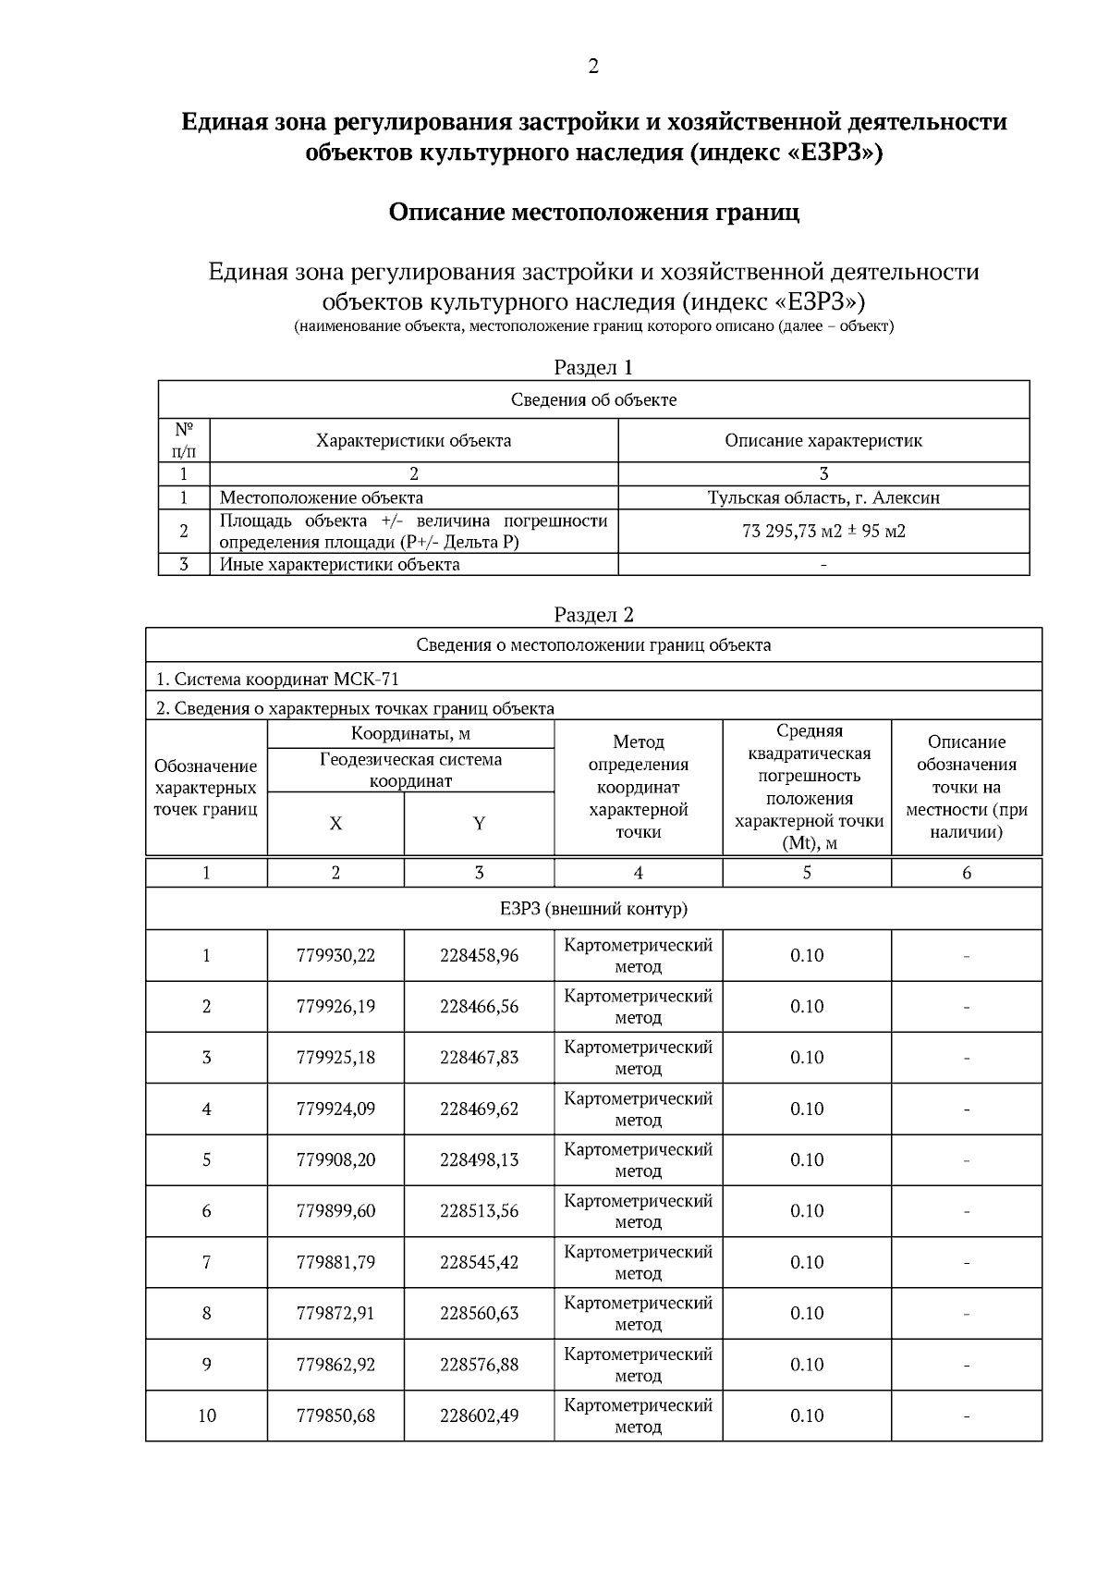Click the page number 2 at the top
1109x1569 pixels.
tap(593, 67)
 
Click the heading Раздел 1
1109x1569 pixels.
tap(593, 367)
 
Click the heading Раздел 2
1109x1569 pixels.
tap(593, 615)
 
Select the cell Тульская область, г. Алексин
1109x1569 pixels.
tap(823, 497)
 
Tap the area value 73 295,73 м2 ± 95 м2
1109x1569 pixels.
tap(823, 531)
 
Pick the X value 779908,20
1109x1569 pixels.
tap(335, 1159)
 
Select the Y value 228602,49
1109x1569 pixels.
tap(479, 1416)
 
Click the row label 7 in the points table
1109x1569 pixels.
tap(206, 1262)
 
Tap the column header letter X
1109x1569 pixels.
tap(335, 824)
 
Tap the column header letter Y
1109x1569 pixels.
tap(479, 824)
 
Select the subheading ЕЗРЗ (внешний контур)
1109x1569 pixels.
tap(593, 909)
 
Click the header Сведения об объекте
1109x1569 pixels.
tap(593, 399)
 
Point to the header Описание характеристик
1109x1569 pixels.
tap(823, 440)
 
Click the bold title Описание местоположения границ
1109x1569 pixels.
tap(593, 213)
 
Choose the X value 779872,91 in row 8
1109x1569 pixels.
tap(335, 1313)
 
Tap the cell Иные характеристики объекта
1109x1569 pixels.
tap(339, 564)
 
